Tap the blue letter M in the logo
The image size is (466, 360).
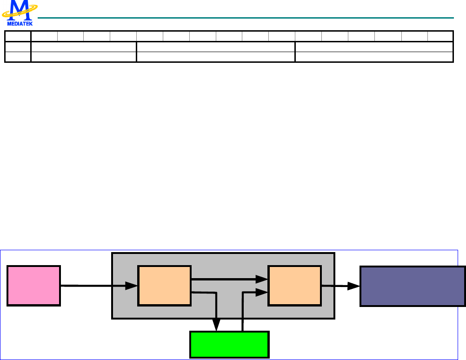19,9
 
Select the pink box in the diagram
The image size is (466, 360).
33,286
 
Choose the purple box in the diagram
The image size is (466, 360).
413,286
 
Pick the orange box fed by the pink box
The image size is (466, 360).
164,286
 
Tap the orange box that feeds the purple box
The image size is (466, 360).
294,286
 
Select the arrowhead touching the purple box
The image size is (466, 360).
356,286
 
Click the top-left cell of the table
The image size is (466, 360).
18,36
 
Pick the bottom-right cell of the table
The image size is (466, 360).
374,57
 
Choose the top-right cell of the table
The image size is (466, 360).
440,36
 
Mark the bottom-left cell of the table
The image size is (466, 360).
18,57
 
